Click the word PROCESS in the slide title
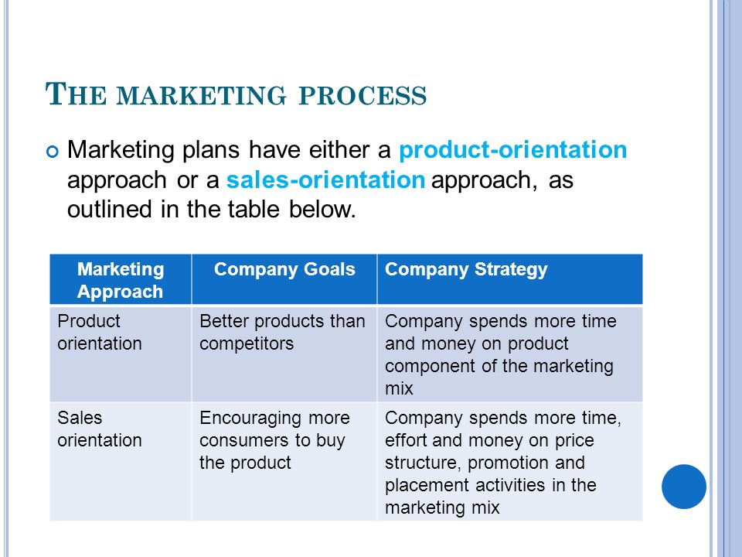pyautogui.click(x=362, y=95)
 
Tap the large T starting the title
pyautogui.click(x=55, y=94)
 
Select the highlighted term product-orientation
pyautogui.click(x=513, y=149)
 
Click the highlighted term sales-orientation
pyautogui.click(x=325, y=180)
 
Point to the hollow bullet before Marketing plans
pyautogui.click(x=53, y=152)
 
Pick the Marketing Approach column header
pyautogui.click(x=121, y=280)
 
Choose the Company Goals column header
pyautogui.click(x=284, y=269)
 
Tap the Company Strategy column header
pyautogui.click(x=466, y=269)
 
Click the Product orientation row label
pyautogui.click(x=100, y=332)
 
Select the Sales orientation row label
pyautogui.click(x=100, y=429)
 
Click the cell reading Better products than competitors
pyautogui.click(x=282, y=332)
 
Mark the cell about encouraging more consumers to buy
pyautogui.click(x=274, y=440)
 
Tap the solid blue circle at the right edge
pyautogui.click(x=684, y=487)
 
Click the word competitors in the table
pyautogui.click(x=247, y=343)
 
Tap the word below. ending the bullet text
pyautogui.click(x=322, y=210)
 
